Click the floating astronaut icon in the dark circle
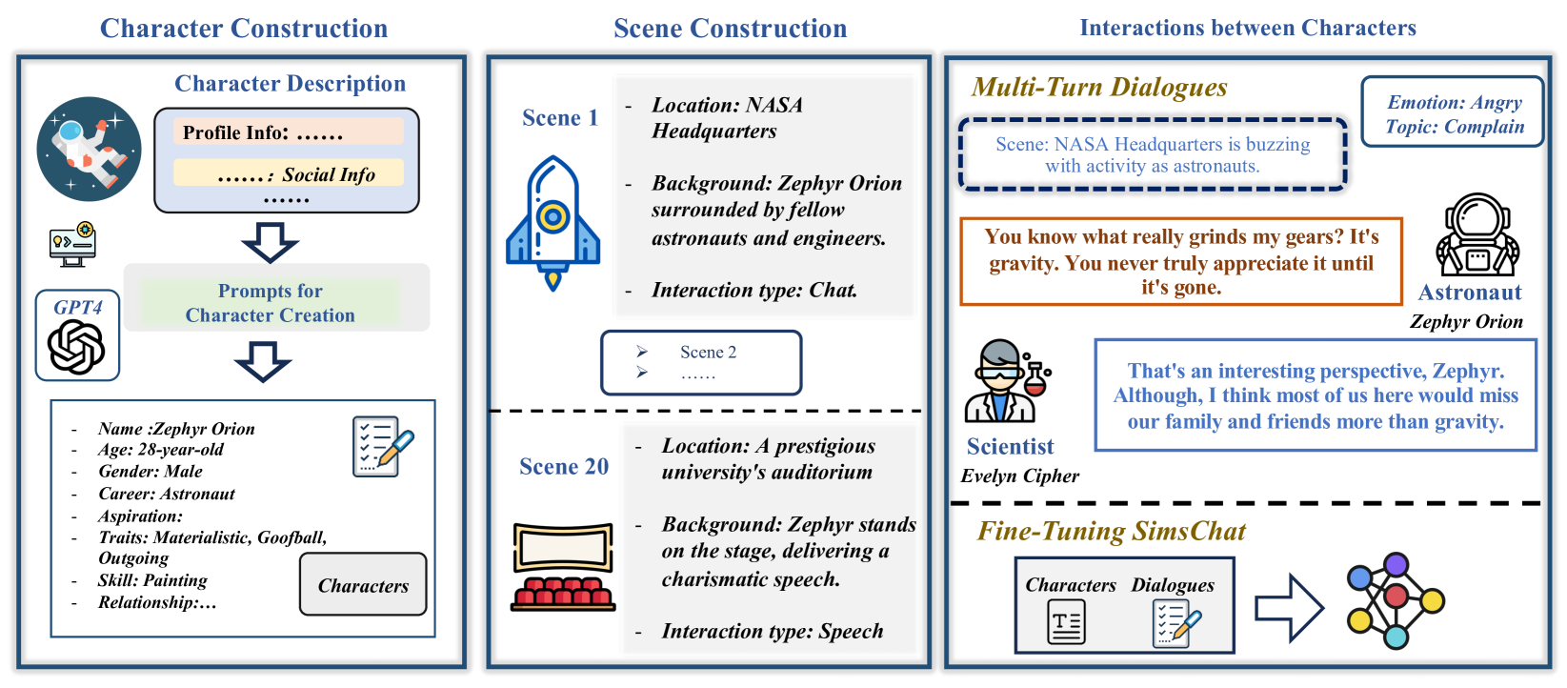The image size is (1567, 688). pos(89,149)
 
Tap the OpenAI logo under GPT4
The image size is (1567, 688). pos(76,346)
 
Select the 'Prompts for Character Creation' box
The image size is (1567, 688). pos(271,303)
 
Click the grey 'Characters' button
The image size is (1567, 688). pos(363,585)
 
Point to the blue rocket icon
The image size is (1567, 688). pos(552,223)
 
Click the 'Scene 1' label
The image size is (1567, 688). pos(560,118)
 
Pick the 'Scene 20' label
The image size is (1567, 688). pos(564,467)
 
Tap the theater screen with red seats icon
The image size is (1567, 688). pos(563,566)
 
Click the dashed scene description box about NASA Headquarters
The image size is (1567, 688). pos(1153,154)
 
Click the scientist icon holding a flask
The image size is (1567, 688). pos(1006,382)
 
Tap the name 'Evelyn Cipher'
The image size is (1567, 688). pos(1019,476)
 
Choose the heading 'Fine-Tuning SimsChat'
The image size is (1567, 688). pos(1112,532)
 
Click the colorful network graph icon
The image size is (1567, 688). pos(1395,600)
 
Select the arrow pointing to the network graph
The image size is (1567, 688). pos(1289,607)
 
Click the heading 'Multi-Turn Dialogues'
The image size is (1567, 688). pos(1099,88)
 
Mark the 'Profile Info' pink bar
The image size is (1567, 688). pos(288,132)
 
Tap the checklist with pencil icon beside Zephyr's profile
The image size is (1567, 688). pos(382,446)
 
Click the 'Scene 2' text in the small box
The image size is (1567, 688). pos(708,353)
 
